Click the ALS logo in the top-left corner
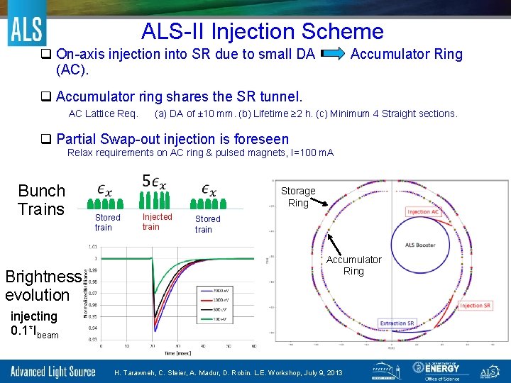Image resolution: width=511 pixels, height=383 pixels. coord(26,29)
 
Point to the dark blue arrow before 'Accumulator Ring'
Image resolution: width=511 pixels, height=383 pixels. coord(333,53)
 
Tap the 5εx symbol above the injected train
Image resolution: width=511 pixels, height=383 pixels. coord(155,182)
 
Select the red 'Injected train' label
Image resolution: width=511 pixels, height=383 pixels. coord(157,221)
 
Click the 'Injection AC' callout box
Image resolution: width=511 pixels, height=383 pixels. coord(424,212)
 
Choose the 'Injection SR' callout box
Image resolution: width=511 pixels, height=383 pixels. coord(476,306)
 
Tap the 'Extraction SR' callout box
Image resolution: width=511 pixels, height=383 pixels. coord(397,323)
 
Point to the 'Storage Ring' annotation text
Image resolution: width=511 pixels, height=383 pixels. coord(298,196)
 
